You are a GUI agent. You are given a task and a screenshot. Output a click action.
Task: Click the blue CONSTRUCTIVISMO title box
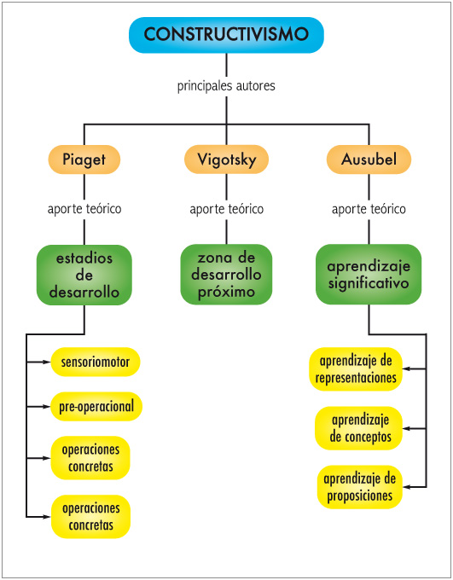tap(226, 35)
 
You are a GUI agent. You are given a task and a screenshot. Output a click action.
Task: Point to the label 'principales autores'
tap(226, 85)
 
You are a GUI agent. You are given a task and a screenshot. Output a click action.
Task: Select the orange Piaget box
tap(84, 159)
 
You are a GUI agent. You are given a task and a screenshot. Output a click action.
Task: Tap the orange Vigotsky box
tap(226, 159)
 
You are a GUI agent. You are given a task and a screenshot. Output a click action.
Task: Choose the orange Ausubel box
tap(369, 159)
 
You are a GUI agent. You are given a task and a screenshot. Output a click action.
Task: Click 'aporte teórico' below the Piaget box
tap(84, 209)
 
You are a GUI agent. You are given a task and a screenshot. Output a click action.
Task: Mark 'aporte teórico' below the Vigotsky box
tap(226, 209)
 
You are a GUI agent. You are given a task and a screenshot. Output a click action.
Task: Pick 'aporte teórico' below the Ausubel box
tap(369, 209)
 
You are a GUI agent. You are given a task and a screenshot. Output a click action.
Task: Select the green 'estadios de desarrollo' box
tap(84, 275)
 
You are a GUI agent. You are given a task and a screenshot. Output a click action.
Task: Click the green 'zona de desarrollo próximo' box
tap(226, 275)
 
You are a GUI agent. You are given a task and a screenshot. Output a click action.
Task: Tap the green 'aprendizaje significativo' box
tap(369, 275)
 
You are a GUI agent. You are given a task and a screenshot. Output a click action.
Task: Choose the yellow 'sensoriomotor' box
tap(95, 362)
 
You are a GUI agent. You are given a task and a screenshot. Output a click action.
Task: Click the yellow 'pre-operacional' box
tap(96, 407)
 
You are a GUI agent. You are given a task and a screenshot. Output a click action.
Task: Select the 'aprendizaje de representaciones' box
tap(356, 368)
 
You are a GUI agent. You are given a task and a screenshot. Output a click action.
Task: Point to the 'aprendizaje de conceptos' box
tap(359, 428)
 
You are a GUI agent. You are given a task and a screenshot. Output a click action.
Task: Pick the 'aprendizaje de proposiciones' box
tap(358, 487)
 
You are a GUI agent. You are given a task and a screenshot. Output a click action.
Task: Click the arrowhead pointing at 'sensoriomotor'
tap(46, 362)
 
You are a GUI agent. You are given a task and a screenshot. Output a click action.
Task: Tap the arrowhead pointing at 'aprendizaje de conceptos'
tap(409, 428)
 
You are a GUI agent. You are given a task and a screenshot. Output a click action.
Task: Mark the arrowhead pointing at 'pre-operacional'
tap(46, 407)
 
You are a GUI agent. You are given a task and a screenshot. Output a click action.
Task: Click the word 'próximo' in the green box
tap(226, 292)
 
